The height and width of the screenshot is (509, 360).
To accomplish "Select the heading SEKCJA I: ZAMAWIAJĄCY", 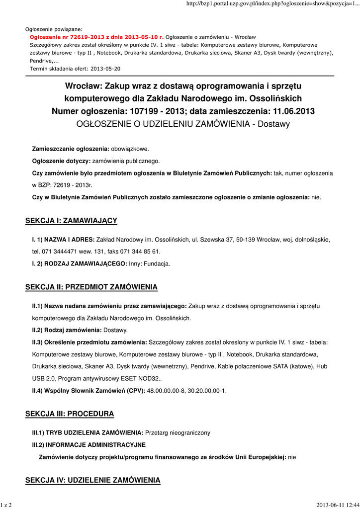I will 71,220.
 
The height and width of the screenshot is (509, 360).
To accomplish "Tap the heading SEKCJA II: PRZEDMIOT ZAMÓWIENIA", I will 91,287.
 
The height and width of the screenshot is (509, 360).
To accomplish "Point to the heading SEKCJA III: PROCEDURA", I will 70,414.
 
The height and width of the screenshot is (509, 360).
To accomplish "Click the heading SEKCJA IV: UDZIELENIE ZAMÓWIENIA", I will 93,480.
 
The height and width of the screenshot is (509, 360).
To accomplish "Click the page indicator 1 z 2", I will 6,505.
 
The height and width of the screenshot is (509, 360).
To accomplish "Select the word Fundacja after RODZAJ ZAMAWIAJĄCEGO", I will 157,263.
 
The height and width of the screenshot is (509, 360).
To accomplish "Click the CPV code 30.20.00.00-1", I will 208,390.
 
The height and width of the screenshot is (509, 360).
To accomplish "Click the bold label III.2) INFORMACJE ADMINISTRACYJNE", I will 89,444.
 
